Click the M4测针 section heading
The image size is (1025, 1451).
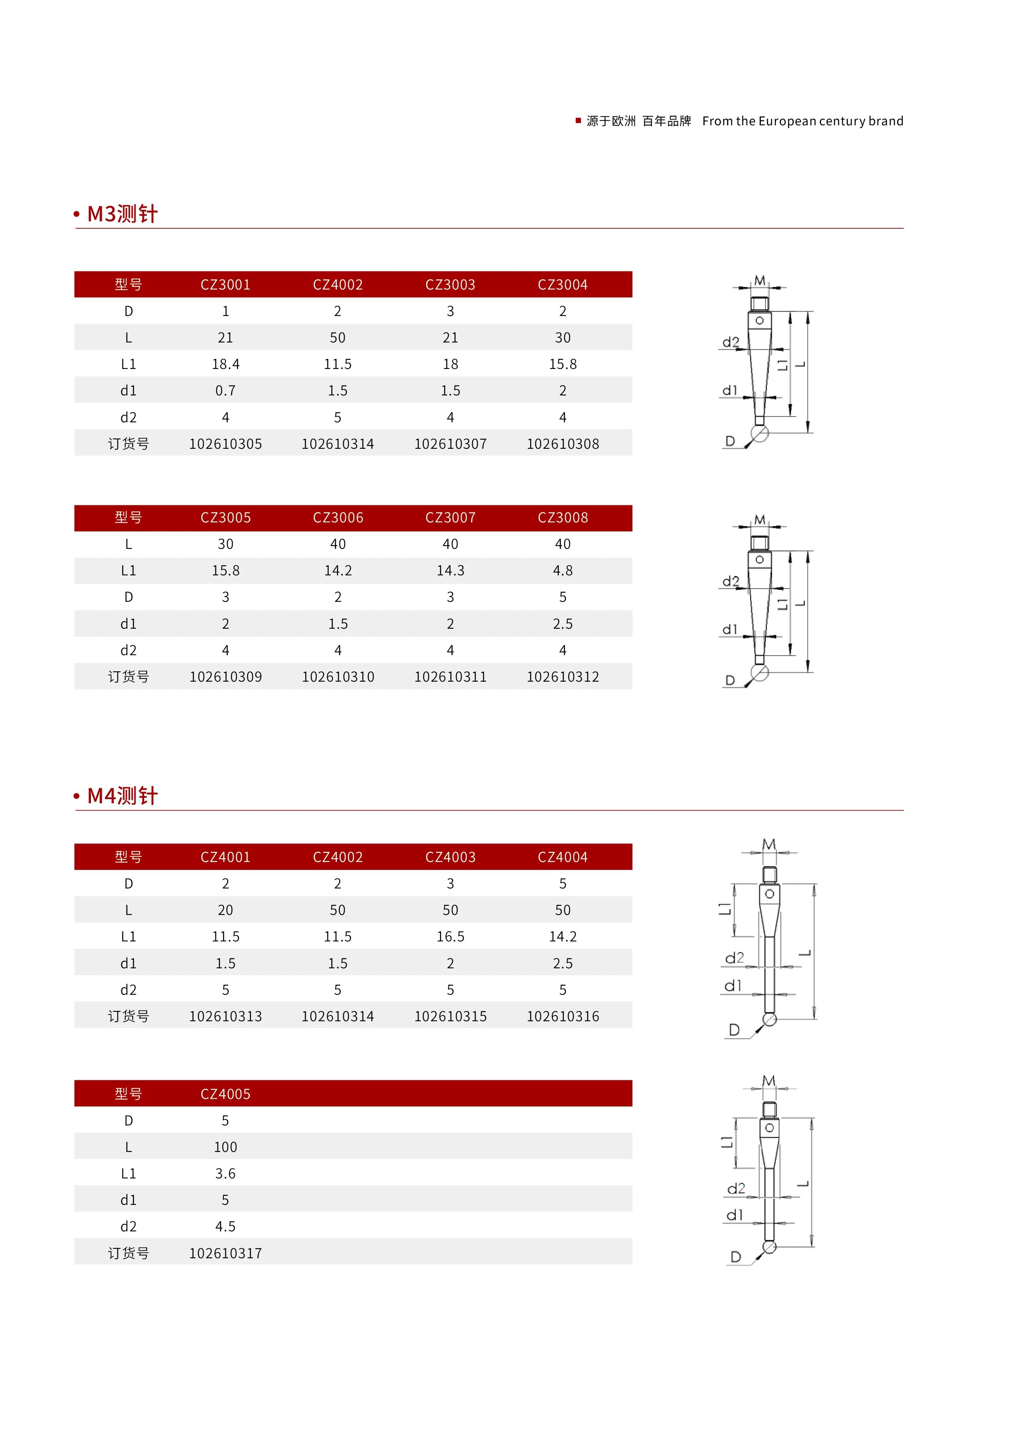point(122,796)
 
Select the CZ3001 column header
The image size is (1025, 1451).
point(226,285)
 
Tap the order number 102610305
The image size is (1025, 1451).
point(226,444)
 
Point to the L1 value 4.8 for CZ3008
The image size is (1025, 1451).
point(563,571)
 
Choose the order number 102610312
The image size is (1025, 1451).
point(563,677)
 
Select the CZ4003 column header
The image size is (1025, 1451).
point(450,857)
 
